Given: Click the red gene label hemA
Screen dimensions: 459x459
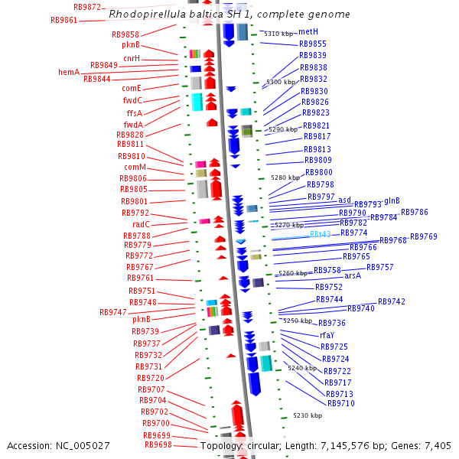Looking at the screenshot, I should point(69,72).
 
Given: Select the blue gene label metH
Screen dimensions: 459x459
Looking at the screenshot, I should point(308,31).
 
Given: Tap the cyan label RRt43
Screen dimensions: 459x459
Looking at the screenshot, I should point(320,234).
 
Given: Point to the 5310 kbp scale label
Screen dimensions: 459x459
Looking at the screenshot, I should point(278,34).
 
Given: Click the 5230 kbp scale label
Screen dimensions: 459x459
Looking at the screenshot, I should point(308,415).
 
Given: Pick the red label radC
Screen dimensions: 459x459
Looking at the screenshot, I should point(141,224).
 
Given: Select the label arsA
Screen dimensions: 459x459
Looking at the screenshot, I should point(353,275).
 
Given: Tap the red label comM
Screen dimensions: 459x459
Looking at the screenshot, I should point(135,167).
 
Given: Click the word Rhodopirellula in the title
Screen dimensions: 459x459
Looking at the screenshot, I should point(145,15).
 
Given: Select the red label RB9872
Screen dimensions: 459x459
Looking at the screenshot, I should point(87,7).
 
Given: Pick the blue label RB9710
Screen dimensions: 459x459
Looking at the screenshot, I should point(340,403).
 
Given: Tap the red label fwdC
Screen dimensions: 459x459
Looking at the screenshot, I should point(132,100).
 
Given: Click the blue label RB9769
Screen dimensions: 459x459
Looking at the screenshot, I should point(424,236).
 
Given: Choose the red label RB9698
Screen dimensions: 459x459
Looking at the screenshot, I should point(158,444).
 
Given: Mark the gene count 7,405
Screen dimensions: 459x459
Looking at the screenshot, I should point(436,445).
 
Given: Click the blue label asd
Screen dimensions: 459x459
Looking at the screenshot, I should point(345,199).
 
